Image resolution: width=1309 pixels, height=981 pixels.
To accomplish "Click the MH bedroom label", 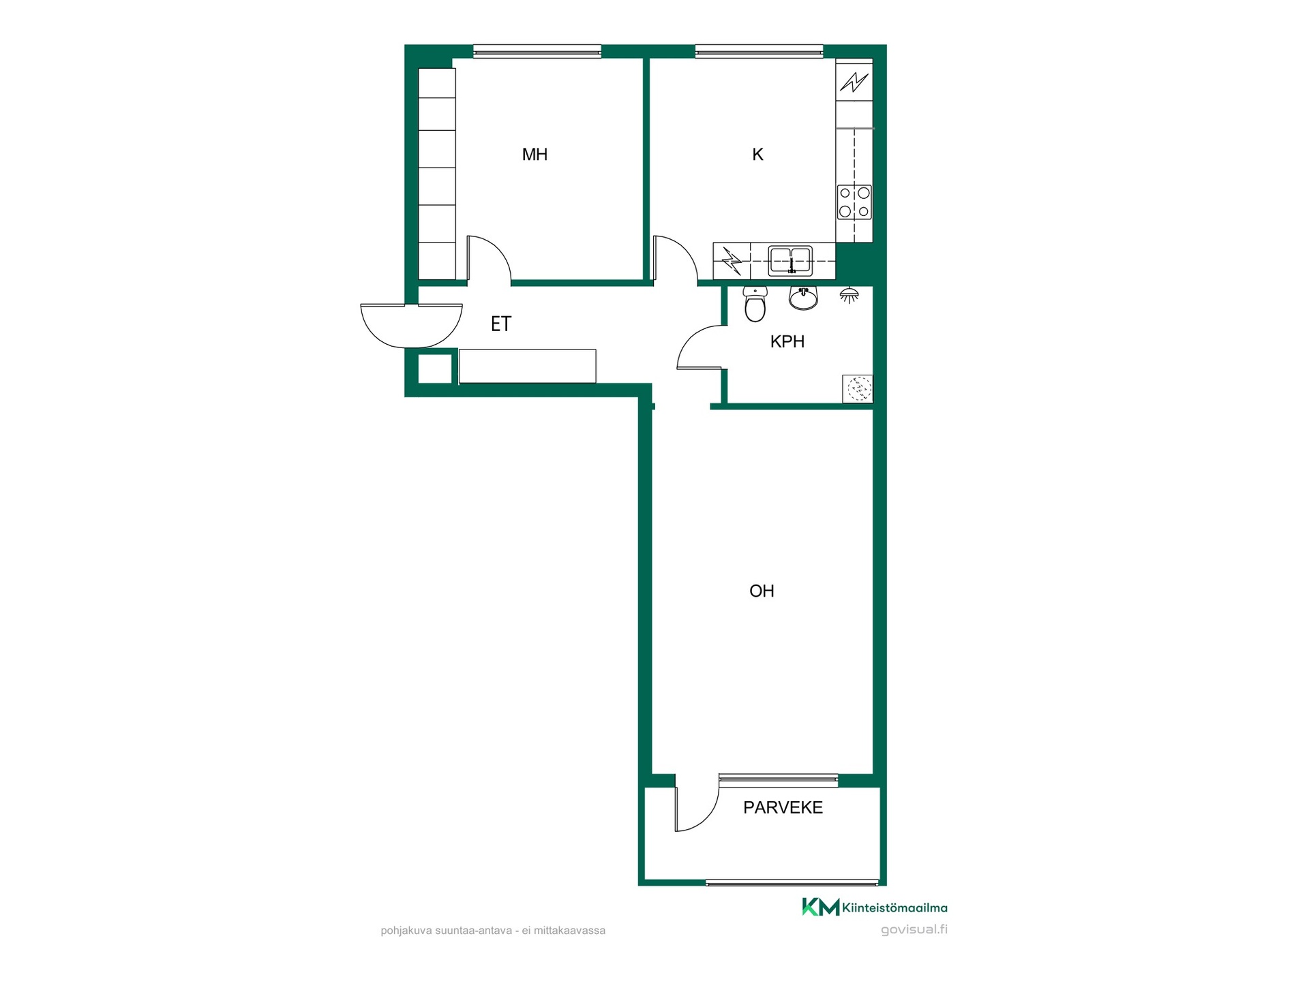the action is [535, 155].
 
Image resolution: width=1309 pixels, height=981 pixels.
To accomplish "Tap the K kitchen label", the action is [757, 155].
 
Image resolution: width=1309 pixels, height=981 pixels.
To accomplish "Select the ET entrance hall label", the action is [501, 324].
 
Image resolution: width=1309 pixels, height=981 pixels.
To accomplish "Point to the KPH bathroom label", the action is [787, 342].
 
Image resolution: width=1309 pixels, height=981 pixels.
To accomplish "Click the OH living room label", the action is [762, 591].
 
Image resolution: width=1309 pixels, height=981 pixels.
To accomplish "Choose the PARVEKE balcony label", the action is [783, 807].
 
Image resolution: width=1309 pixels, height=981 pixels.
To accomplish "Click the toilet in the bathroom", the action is [755, 304].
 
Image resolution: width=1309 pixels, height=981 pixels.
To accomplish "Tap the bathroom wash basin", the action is [803, 298].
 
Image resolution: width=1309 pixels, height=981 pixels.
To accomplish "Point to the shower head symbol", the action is [849, 295].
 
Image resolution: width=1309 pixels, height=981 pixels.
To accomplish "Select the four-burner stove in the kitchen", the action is [854, 202].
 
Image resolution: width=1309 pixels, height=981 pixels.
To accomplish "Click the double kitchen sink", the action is [790, 261].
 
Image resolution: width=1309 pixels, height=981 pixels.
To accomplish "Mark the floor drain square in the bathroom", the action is [858, 389].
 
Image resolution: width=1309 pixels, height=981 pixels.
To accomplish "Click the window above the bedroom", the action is [537, 51].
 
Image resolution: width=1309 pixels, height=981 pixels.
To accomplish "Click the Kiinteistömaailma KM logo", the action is [875, 907].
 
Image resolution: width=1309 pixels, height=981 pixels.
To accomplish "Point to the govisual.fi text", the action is [914, 930].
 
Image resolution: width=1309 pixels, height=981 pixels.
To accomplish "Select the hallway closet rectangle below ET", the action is [527, 366].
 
